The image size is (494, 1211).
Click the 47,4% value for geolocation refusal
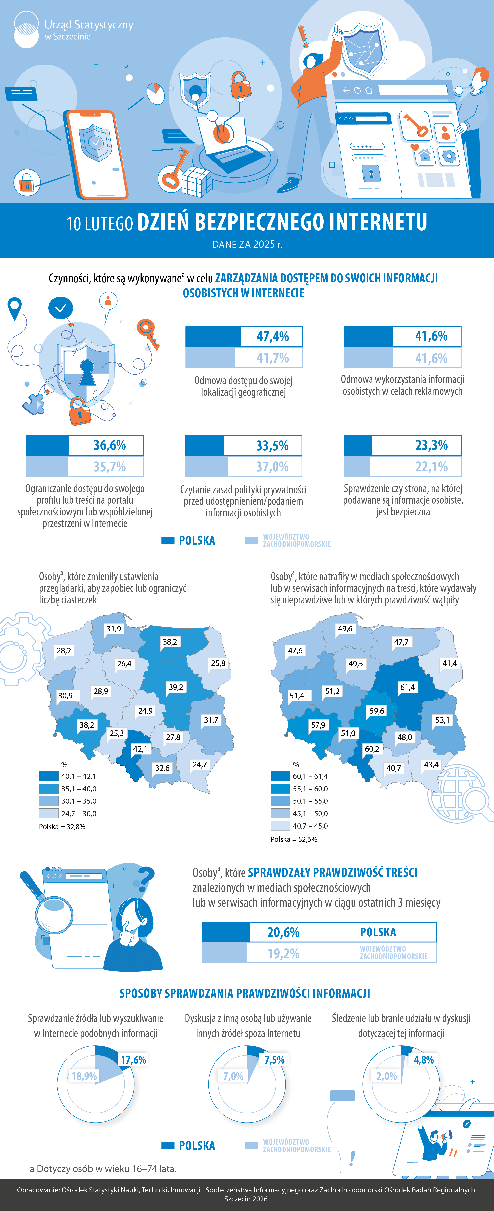272,337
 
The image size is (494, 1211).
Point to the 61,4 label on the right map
407,687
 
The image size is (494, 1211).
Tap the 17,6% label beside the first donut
134,1060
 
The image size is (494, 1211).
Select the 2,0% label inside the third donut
387,1076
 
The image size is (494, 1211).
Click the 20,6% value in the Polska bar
283,932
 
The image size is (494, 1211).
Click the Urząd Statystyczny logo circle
26,30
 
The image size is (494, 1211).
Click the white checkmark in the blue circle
61,308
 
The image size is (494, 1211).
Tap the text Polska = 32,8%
62,826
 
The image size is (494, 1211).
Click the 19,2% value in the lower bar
283,953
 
